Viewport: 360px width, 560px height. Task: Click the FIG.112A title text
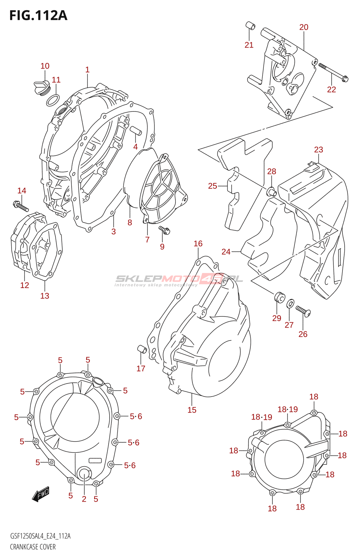[38, 15]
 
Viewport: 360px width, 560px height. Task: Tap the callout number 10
[45, 66]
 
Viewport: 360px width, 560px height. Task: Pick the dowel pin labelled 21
[250, 26]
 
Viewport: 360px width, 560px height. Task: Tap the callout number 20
[304, 27]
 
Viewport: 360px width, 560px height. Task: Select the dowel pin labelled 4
[135, 131]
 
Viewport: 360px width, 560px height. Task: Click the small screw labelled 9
[164, 230]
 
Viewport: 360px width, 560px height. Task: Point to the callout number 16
[198, 244]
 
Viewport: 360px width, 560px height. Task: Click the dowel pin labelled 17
[141, 349]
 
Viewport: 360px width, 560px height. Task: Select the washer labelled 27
[290, 303]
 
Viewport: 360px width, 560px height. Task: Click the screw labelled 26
[303, 311]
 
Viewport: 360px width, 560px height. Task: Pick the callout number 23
[318, 150]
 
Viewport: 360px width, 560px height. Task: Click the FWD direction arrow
[41, 494]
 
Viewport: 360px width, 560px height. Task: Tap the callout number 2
[84, 499]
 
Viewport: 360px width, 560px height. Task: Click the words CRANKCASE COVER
[33, 547]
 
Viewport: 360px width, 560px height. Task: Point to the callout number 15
[192, 410]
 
